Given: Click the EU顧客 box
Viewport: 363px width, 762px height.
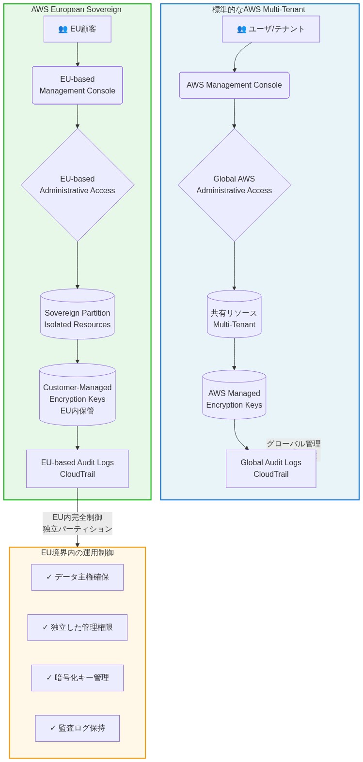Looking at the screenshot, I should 78,29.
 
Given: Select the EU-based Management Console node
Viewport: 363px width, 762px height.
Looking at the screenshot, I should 78,85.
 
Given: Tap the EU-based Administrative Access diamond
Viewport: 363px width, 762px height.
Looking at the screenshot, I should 78,184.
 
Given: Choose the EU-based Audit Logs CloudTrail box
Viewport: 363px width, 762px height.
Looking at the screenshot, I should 78,469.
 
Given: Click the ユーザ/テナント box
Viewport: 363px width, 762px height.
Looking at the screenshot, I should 271,29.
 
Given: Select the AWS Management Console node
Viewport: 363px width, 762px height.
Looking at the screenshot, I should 234,85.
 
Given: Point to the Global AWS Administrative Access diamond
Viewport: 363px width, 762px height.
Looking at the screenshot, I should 234,184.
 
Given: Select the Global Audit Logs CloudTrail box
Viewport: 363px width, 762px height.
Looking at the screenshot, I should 271,469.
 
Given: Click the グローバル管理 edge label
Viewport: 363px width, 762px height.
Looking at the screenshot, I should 293,443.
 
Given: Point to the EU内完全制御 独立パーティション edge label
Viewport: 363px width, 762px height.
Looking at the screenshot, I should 78,523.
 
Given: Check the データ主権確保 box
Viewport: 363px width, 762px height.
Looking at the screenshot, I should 78,577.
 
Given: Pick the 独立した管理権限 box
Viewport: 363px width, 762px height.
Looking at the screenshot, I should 78,627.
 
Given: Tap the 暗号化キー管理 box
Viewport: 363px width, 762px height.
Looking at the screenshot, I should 78,678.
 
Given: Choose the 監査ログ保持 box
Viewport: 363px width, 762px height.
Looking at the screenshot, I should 78,728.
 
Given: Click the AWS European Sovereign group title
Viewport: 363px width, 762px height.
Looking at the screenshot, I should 77,10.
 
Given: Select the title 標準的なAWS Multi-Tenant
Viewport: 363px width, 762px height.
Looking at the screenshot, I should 259,10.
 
